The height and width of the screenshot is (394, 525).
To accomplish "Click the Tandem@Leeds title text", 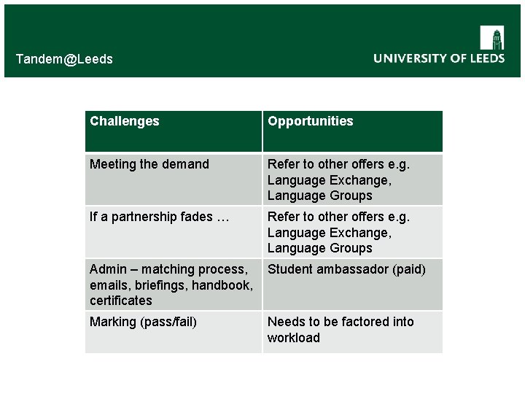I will (x=64, y=59).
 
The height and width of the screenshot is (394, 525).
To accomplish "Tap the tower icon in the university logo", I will (x=492, y=38).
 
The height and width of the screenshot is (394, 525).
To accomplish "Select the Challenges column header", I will (x=124, y=121).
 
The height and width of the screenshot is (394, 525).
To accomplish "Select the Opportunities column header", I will (x=310, y=121).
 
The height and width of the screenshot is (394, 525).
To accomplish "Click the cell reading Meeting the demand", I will (x=149, y=164).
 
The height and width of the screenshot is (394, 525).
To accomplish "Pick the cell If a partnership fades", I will (x=159, y=217).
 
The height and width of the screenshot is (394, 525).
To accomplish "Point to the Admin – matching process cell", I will (x=171, y=285).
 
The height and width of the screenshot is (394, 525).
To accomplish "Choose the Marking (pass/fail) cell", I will (x=143, y=322).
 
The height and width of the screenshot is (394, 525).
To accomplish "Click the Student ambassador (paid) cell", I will (x=346, y=269).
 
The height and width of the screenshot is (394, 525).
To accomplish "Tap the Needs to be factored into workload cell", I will (x=341, y=330).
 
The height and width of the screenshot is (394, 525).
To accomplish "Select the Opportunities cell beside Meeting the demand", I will (x=338, y=179).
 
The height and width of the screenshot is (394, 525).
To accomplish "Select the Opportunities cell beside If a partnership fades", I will (x=338, y=232).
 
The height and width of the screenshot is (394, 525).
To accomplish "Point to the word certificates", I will (x=121, y=301).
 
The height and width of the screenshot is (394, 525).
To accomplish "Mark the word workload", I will (x=293, y=338).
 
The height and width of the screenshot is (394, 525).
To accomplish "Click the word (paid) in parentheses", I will (x=409, y=269).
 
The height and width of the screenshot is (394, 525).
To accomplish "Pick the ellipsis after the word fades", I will (x=222, y=217).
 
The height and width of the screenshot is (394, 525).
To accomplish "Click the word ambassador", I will (x=349, y=269).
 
